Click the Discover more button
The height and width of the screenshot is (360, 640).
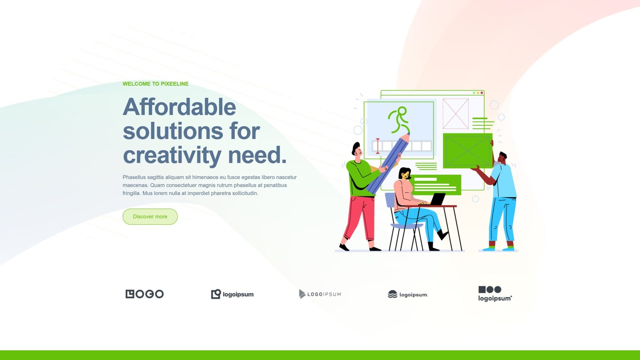(150, 216)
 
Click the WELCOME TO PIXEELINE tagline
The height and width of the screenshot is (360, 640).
(156, 84)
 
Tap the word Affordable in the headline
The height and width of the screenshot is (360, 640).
(179, 107)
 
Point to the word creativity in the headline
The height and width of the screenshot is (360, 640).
(172, 156)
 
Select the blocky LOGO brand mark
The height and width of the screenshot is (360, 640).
(144, 294)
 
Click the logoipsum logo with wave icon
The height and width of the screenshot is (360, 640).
(408, 294)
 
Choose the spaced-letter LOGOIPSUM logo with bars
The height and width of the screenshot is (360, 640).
(320, 294)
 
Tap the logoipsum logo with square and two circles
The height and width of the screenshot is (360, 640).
(495, 294)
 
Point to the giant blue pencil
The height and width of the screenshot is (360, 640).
(388, 164)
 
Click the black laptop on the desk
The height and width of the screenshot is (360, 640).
(436, 199)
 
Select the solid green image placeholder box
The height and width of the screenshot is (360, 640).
(468, 150)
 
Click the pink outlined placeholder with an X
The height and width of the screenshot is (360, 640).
(456, 114)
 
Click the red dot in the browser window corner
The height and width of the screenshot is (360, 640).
(482, 93)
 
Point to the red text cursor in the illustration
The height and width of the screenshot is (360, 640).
(378, 146)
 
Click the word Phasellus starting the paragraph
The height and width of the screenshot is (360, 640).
(134, 177)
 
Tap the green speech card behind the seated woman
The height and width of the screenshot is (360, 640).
(436, 184)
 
